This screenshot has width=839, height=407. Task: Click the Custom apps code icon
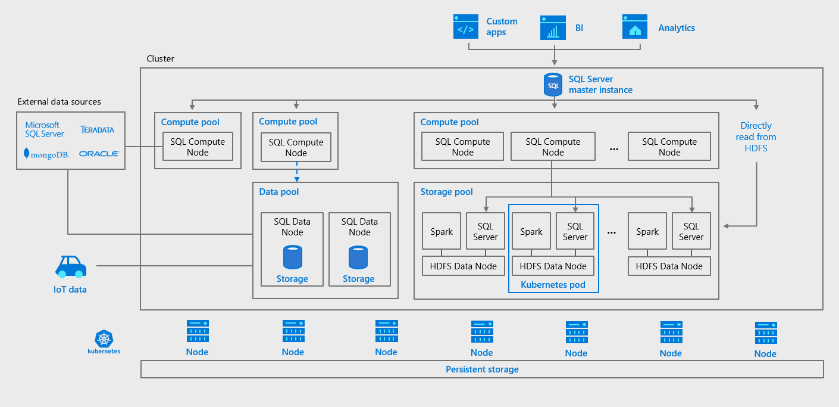[x=465, y=27]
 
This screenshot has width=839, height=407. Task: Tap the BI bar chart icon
[x=553, y=27]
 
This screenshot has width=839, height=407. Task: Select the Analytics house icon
[x=635, y=27]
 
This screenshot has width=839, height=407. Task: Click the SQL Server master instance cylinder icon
[x=553, y=85]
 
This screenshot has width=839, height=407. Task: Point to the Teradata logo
[x=97, y=129]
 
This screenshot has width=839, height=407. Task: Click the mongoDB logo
[x=46, y=154]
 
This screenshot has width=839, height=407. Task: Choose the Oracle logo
[x=99, y=154]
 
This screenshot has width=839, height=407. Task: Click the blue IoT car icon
[x=71, y=267]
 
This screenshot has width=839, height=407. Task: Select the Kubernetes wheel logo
[x=104, y=338]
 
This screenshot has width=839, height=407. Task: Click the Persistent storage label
[x=482, y=369]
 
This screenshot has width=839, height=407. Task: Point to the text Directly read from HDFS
[x=756, y=136]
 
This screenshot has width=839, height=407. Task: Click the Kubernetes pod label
[x=553, y=285]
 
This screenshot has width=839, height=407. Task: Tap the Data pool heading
[x=279, y=192]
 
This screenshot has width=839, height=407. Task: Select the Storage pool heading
[x=446, y=192]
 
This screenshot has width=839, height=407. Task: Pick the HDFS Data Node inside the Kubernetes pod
[x=553, y=266]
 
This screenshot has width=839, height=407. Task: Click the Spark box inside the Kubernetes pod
[x=531, y=232]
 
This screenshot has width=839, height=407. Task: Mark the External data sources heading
[x=60, y=102]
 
